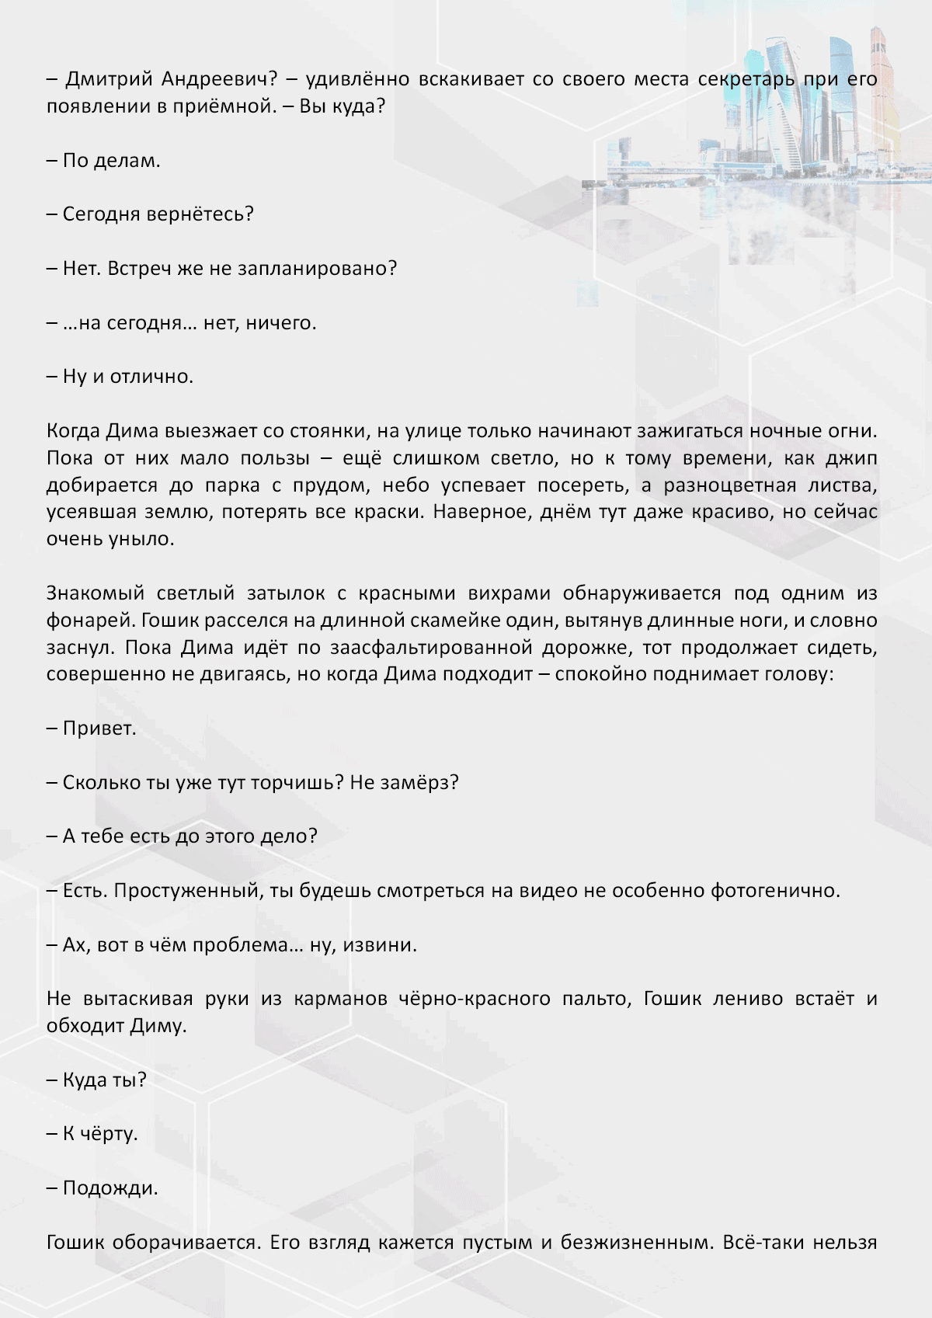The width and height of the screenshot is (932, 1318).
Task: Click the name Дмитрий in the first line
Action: coord(109,79)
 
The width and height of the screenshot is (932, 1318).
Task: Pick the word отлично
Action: coord(151,377)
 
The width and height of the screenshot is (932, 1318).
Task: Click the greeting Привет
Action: coord(99,729)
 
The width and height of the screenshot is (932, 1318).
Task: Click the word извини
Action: coord(381,945)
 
